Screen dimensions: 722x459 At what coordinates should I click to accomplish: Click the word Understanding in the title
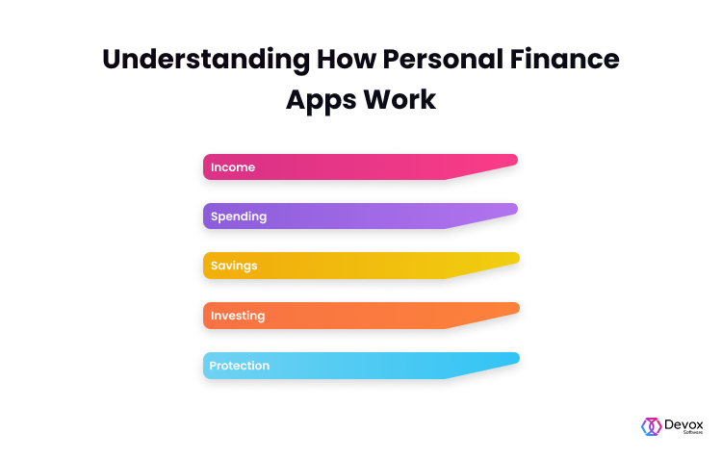(x=206, y=61)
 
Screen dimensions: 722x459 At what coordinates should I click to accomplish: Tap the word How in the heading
(x=347, y=60)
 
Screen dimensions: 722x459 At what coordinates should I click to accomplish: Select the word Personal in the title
(x=443, y=60)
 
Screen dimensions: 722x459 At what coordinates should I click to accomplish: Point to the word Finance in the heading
(x=564, y=60)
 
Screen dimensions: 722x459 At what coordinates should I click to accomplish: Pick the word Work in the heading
(x=400, y=99)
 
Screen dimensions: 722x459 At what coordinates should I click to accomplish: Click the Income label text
(x=233, y=167)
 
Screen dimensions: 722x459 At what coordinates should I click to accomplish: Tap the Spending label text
(x=239, y=217)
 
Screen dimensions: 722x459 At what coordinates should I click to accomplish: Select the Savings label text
(x=234, y=267)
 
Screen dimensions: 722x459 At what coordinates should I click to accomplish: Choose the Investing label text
(x=238, y=317)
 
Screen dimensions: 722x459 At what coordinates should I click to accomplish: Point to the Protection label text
(x=240, y=366)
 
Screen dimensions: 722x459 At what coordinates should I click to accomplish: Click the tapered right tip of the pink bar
(x=516, y=160)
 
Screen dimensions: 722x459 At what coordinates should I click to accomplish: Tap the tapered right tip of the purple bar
(x=516, y=209)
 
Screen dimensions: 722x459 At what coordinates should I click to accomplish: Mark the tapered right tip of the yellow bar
(x=518, y=258)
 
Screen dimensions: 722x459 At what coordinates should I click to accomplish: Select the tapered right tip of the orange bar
(x=518, y=309)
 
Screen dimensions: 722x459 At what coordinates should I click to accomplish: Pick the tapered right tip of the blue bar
(x=518, y=358)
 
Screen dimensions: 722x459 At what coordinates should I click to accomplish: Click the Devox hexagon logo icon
(x=651, y=427)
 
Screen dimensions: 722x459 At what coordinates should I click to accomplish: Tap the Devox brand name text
(x=683, y=424)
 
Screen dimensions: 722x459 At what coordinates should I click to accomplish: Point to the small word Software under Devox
(x=693, y=432)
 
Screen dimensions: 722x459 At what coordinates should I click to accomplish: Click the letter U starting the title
(x=114, y=60)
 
